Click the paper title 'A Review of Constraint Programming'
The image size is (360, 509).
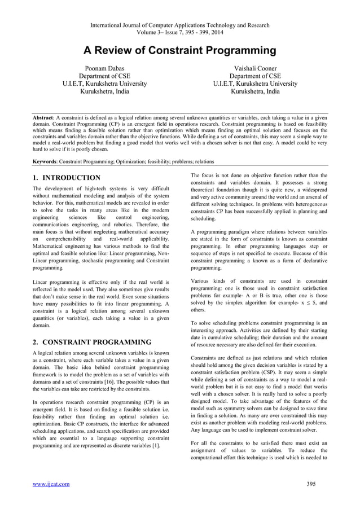coord(180,51)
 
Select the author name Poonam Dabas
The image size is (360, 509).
coord(105,68)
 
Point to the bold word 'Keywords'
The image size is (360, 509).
coord(46,161)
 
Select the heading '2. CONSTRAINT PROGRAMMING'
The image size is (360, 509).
coord(92,341)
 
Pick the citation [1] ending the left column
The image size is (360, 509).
coord(155,446)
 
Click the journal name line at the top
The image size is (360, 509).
coord(180,25)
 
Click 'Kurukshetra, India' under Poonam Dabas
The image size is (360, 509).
coord(104,92)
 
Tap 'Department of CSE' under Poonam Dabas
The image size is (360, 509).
coord(105,76)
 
